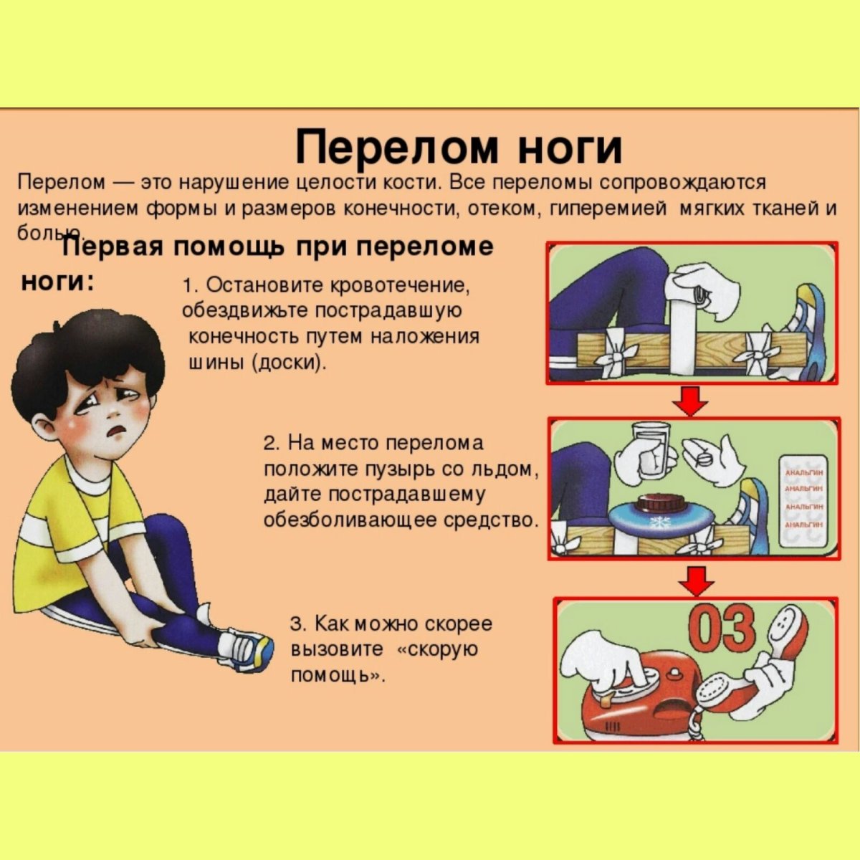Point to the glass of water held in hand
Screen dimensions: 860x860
click(651, 450)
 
